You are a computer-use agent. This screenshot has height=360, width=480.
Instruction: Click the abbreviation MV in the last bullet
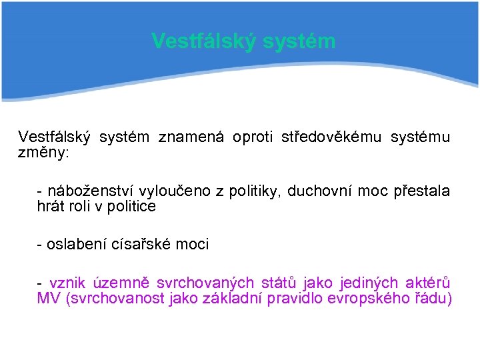tap(49, 298)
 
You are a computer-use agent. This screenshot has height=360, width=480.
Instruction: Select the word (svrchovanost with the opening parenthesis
tap(108, 298)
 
